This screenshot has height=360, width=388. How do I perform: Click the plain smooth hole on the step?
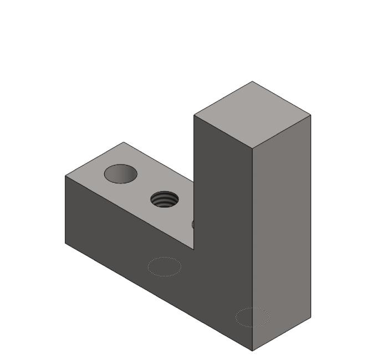tap(120, 174)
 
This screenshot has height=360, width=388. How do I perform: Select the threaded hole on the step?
tap(165, 199)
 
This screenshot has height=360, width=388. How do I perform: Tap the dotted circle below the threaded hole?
tap(164, 266)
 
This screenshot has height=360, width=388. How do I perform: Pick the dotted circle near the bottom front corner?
tap(252, 317)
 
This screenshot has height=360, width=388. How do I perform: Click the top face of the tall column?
tap(252, 115)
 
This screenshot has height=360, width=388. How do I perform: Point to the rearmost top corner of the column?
tap(253, 81)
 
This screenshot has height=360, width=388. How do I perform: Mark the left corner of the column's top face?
tap(194, 115)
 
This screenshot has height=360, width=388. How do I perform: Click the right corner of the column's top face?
tap(310, 115)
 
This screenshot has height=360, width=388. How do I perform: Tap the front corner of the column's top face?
tap(252, 148)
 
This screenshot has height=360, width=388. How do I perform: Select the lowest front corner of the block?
tap(252, 351)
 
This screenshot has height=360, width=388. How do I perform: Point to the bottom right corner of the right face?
tap(310, 317)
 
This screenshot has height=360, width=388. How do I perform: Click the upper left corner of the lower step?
tap(65, 176)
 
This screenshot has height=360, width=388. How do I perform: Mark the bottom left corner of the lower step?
tap(65, 243)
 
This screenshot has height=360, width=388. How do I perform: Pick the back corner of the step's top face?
tap(123, 142)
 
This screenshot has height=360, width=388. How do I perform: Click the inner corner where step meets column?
tap(194, 249)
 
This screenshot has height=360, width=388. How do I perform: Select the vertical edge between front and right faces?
tap(252, 249)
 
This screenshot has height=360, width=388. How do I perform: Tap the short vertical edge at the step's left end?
tap(65, 209)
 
